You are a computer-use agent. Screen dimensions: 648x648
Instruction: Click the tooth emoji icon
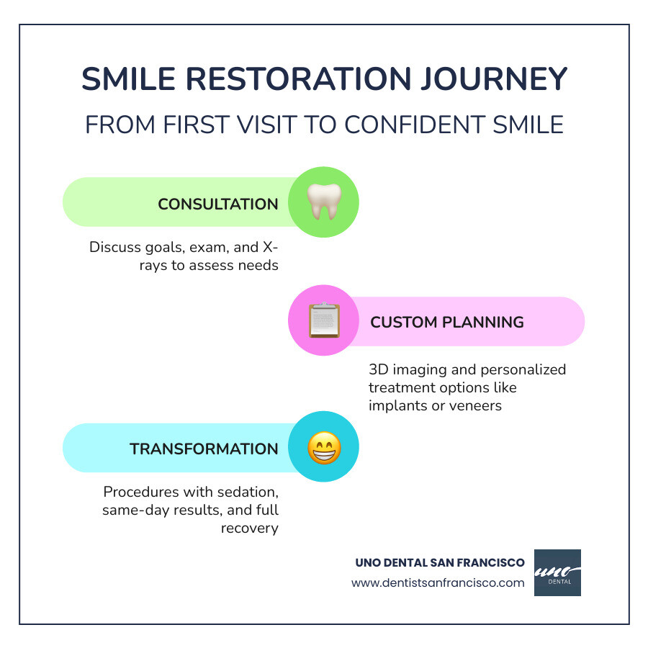323,202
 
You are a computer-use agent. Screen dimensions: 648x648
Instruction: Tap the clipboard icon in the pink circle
323,321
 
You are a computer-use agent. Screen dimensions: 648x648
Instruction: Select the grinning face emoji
323,448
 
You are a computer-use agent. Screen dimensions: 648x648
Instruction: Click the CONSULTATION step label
218,204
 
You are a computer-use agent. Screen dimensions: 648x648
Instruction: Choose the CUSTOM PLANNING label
447,322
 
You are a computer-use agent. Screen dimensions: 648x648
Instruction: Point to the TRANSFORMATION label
204,449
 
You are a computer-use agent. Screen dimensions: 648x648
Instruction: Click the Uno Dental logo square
557,572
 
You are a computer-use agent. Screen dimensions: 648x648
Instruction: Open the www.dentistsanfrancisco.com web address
438,582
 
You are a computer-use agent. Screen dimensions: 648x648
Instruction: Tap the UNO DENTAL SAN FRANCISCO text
440,562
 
